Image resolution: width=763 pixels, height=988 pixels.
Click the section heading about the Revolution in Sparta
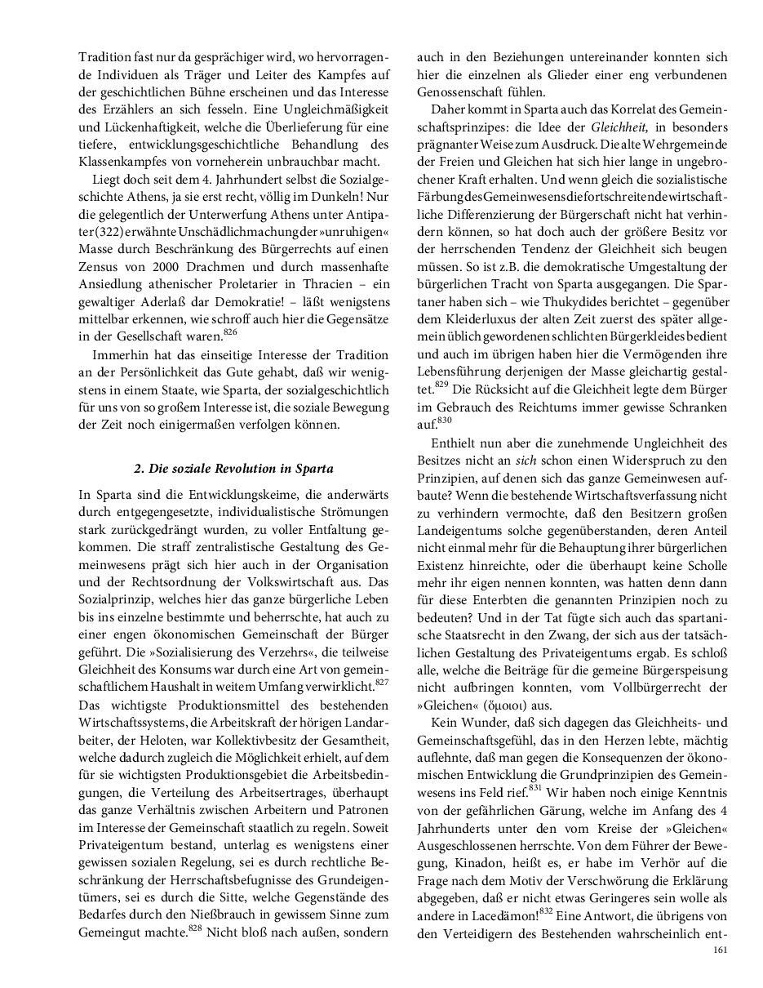[234, 469]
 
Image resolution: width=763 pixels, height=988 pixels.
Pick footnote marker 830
[444, 419]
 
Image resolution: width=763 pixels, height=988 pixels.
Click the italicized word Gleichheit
[619, 127]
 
